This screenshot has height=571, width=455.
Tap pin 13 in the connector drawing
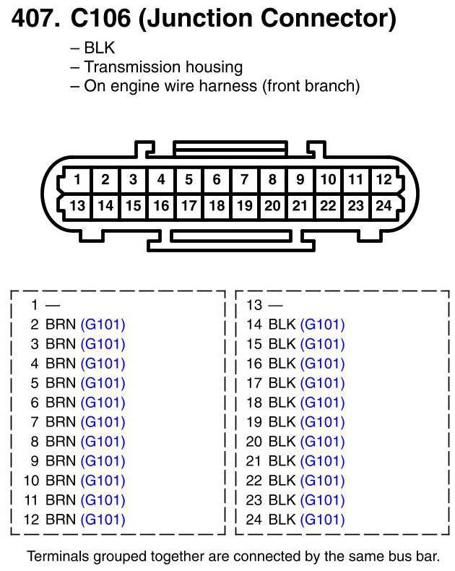pyautogui.click(x=77, y=206)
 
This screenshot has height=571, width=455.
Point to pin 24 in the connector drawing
pyautogui.click(x=384, y=206)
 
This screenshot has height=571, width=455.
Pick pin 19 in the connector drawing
pyautogui.click(x=245, y=206)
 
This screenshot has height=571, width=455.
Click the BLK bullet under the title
pyautogui.click(x=99, y=48)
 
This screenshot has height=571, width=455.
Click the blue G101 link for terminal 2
pyautogui.click(x=103, y=325)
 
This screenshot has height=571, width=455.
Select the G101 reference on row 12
pyautogui.click(x=103, y=519)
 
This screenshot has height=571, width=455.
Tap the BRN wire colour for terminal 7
pyautogui.click(x=60, y=421)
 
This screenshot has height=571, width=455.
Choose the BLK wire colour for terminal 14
pyautogui.click(x=282, y=325)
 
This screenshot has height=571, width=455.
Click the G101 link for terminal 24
pyautogui.click(x=322, y=519)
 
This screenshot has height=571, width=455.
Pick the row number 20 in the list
pyautogui.click(x=253, y=441)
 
